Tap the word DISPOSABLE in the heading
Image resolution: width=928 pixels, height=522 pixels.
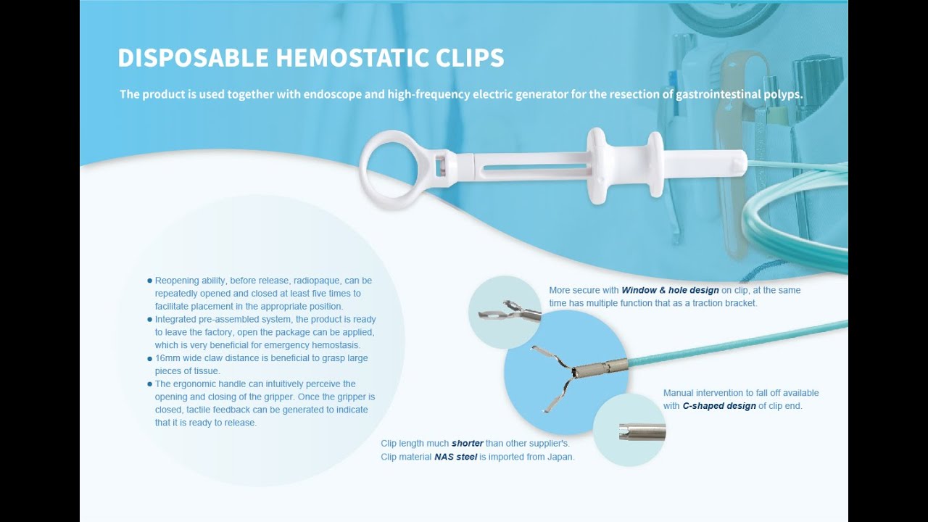(x=189, y=58)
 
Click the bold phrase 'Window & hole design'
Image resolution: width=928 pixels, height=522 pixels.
(x=670, y=290)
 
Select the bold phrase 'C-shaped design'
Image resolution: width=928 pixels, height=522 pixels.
(x=719, y=406)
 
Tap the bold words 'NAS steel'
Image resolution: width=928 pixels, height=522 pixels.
(x=455, y=457)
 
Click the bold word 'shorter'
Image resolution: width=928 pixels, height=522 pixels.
(x=468, y=444)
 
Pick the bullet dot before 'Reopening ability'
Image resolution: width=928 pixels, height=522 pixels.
(x=149, y=281)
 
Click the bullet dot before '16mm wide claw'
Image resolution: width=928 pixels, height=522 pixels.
(x=149, y=358)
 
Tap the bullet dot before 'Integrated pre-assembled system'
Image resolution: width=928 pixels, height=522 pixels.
(x=149, y=320)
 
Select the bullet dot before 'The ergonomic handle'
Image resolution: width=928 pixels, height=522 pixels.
(x=149, y=384)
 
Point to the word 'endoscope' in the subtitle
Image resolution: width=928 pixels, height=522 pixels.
(x=331, y=94)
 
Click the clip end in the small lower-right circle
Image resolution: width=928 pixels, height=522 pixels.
(x=641, y=432)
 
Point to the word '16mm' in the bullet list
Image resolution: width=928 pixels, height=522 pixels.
(x=167, y=358)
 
